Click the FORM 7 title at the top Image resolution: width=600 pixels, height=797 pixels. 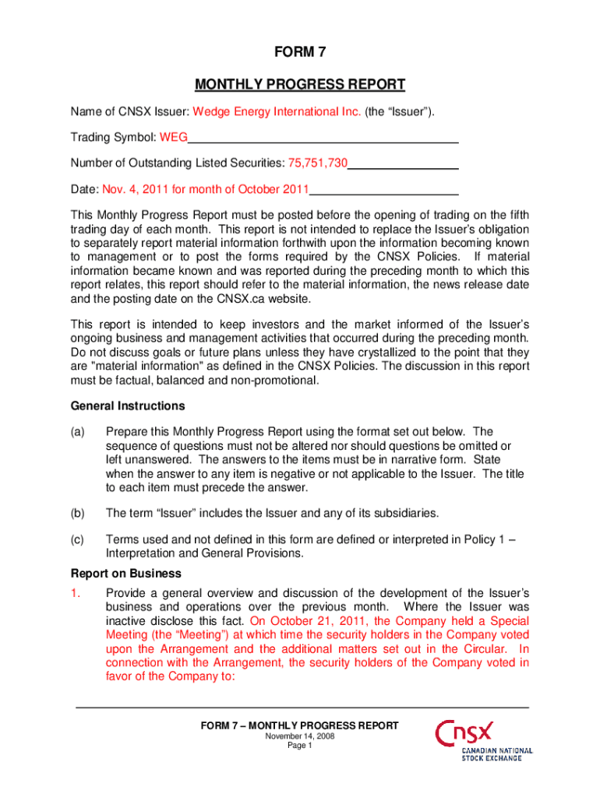pyautogui.click(x=300, y=53)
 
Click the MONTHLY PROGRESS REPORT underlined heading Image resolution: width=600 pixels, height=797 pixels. pyautogui.click(x=300, y=84)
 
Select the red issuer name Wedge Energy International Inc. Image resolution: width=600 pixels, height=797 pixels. pyautogui.click(x=277, y=112)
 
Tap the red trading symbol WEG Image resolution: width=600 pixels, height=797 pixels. pyautogui.click(x=174, y=139)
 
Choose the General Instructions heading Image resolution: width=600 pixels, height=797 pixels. pyautogui.click(x=117, y=406)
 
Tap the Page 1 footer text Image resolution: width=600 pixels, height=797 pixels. pyautogui.click(x=300, y=746)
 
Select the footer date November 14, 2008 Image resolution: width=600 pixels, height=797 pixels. pyautogui.click(x=300, y=736)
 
